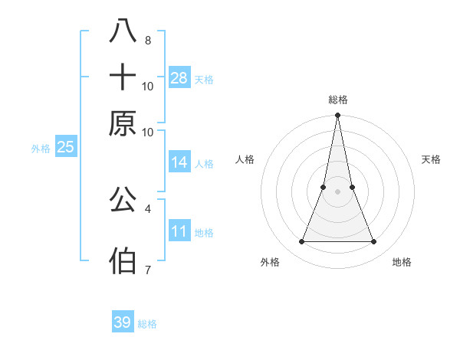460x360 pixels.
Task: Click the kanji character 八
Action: tap(123, 31)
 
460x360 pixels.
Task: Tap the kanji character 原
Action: tap(123, 123)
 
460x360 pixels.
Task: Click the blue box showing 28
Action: tap(179, 77)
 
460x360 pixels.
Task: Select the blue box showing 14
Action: tap(179, 162)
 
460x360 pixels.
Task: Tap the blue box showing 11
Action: tap(179, 231)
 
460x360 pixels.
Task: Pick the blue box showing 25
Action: tap(66, 147)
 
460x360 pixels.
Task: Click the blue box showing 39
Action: tap(123, 322)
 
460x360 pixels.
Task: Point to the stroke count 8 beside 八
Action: tap(148, 41)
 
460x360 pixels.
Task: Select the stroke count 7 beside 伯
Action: tap(148, 270)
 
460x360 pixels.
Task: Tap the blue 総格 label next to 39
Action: tap(147, 324)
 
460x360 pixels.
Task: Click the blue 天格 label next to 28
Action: tap(204, 79)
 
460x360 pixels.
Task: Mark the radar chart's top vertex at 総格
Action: tap(337, 116)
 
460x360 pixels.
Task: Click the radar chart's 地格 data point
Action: tap(373, 242)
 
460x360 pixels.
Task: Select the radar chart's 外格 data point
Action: tap(301, 242)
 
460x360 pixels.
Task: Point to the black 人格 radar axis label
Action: tap(245, 159)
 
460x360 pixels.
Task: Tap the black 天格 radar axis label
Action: tap(432, 159)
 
